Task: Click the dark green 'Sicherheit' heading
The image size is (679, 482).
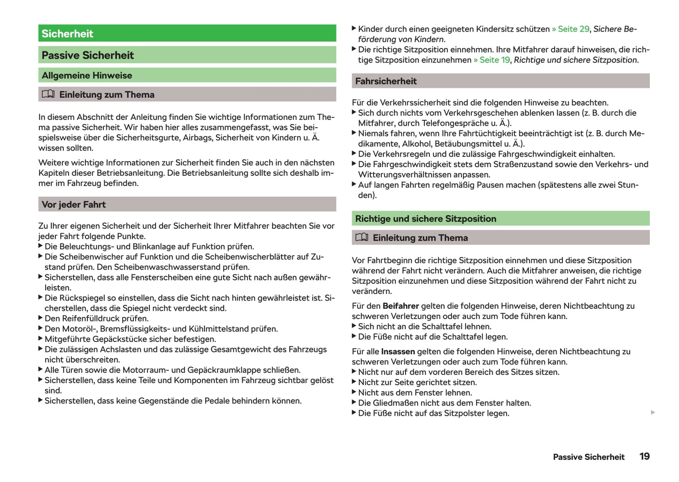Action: pyautogui.click(x=67, y=34)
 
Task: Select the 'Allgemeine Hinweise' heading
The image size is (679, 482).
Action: pyautogui.click(x=87, y=76)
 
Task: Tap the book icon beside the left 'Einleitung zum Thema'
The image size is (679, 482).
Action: pyautogui.click(x=48, y=94)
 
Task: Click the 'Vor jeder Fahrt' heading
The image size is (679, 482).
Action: pyautogui.click(x=74, y=205)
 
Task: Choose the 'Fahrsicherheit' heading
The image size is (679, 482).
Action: pyautogui.click(x=386, y=81)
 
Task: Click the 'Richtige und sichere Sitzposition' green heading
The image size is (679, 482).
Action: pyautogui.click(x=425, y=219)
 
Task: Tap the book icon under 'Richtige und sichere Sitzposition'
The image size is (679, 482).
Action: pyautogui.click(x=362, y=237)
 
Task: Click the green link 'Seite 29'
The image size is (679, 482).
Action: pyautogui.click(x=573, y=29)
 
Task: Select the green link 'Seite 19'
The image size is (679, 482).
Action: pyautogui.click(x=494, y=60)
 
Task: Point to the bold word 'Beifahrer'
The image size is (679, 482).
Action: pyautogui.click(x=400, y=306)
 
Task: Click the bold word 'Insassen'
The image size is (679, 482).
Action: pyautogui.click(x=398, y=352)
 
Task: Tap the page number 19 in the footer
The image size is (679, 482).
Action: pyautogui.click(x=644, y=457)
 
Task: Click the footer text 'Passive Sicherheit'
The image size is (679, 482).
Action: pyautogui.click(x=588, y=457)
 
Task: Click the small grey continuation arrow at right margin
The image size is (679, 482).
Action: pyautogui.click(x=653, y=412)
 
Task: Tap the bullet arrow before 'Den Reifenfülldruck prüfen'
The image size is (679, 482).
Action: pyautogui.click(x=40, y=318)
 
